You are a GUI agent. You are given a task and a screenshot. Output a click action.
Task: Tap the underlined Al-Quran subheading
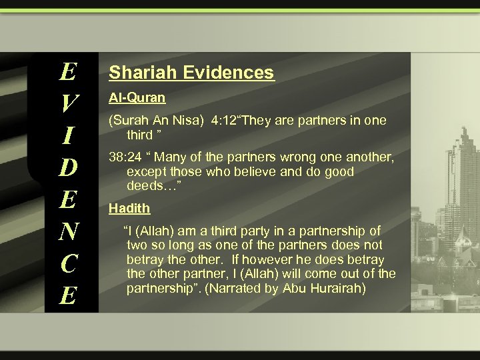click(x=137, y=97)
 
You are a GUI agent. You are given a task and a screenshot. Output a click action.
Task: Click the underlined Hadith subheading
click(x=129, y=208)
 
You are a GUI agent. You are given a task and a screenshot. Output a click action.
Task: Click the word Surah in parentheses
click(x=130, y=121)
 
